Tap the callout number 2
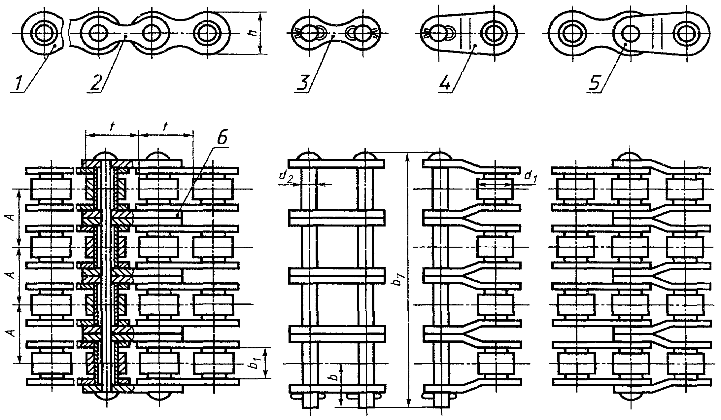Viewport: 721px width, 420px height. pos(95,82)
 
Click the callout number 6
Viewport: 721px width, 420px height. pos(222,139)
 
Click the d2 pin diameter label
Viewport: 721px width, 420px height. pos(285,177)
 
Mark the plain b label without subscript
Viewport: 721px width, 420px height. pos(334,377)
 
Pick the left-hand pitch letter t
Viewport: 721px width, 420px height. pos(112,127)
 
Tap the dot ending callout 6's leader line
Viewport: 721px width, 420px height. pos(178,215)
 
